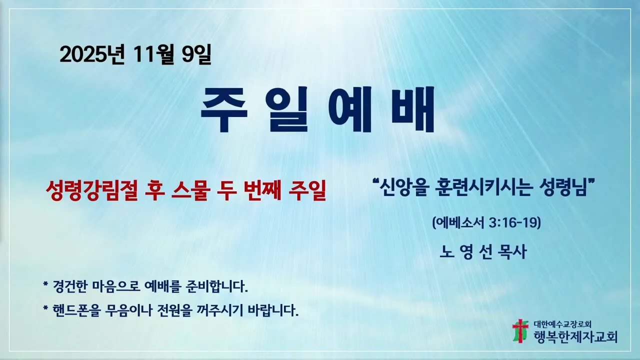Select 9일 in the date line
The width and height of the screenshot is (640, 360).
coord(197,54)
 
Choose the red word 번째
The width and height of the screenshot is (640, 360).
coord(262,190)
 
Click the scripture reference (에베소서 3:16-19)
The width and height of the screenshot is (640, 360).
coord(486,222)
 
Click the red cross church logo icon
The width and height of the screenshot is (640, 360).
coord(520,330)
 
